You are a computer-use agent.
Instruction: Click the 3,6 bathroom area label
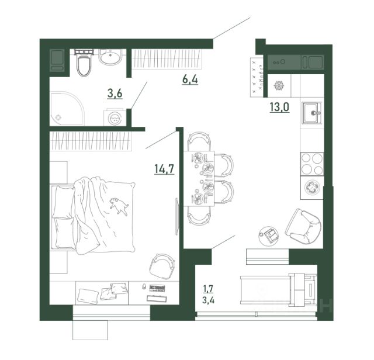tap(115, 94)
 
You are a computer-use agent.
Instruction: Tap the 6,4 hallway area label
tap(190, 79)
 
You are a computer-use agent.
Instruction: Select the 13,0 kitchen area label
tap(279, 106)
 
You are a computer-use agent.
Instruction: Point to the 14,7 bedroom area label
tap(164, 169)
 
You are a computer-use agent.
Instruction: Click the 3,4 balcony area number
tap(208, 300)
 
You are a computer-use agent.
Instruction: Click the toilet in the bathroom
tap(84, 63)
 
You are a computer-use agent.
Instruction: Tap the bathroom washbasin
tap(110, 57)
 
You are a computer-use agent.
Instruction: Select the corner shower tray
tap(67, 109)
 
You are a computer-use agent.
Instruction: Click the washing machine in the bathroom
tap(115, 117)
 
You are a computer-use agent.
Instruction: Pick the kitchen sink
tap(311, 113)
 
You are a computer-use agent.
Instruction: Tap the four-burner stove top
tap(312, 164)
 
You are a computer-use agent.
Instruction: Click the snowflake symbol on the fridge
tap(279, 86)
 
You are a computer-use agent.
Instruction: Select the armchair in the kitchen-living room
tap(303, 226)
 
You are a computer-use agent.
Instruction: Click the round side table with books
tap(269, 236)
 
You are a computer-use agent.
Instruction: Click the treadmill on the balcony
tap(279, 289)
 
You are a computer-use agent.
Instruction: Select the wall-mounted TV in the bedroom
tap(176, 216)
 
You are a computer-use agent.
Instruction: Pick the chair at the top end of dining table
tap(199, 141)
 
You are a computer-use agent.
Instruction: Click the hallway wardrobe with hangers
tap(167, 59)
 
